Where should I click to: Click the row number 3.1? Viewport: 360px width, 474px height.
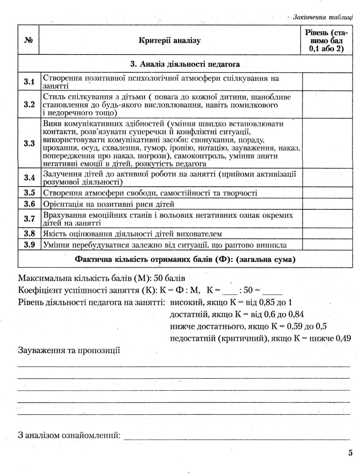point(29,82)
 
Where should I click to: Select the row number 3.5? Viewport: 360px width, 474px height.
point(29,193)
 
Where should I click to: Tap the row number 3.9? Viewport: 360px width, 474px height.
point(29,245)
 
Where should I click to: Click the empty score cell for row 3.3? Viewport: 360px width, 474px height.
point(328,143)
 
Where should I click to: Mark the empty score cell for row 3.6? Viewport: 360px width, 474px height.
point(328,204)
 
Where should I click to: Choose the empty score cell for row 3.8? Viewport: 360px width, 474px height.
point(328,233)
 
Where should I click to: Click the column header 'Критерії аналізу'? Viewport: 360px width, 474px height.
point(170,41)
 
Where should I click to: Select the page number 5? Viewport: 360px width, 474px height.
point(350,453)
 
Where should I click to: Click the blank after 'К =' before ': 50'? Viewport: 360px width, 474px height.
point(230,291)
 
